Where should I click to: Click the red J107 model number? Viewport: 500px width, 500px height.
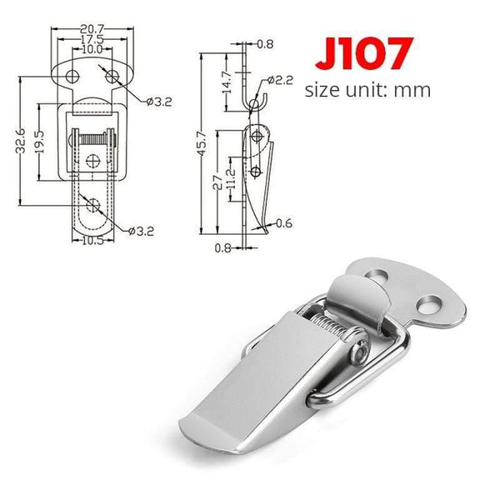362,54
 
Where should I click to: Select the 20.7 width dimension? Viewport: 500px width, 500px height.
92,29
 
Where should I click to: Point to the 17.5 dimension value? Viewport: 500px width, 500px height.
92,39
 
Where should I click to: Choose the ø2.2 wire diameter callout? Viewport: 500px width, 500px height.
279,80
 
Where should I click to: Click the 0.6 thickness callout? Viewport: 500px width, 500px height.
284,222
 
